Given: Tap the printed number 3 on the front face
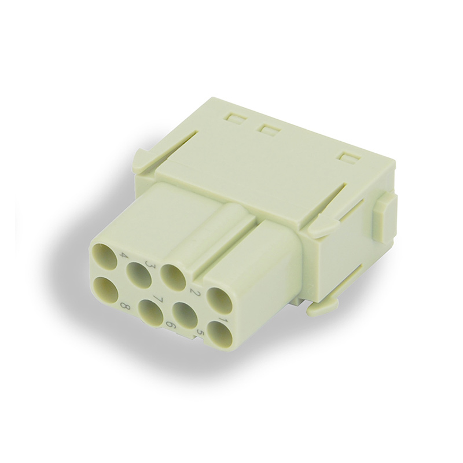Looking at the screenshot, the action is point(153,262).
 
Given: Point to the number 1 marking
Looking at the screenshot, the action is point(221,320).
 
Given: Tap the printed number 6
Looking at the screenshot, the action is point(171,326).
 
